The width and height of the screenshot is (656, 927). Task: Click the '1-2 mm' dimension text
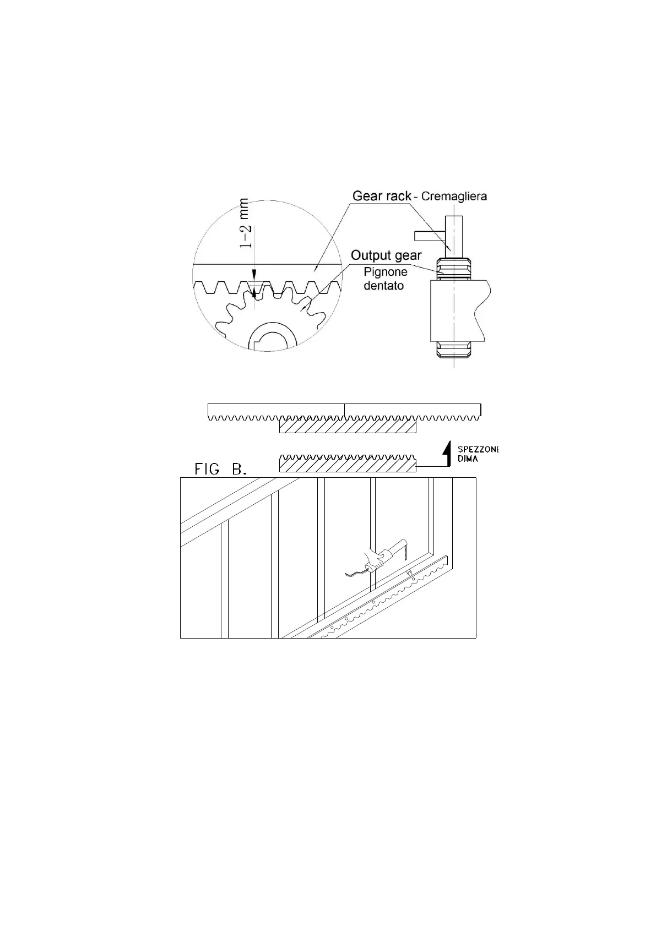[245, 223]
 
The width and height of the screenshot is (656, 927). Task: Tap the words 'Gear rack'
[382, 195]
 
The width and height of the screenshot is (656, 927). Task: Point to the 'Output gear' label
[386, 255]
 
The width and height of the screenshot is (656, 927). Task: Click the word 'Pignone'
[386, 272]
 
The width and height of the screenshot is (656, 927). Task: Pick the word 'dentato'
[383, 286]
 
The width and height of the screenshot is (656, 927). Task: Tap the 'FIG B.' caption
[221, 469]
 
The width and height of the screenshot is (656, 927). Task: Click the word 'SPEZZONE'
[478, 449]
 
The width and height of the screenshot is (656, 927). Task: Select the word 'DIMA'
[468, 459]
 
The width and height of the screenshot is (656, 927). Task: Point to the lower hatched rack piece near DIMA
[348, 465]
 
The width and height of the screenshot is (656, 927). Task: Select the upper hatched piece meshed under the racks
[348, 426]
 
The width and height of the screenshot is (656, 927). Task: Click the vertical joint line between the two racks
[344, 410]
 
